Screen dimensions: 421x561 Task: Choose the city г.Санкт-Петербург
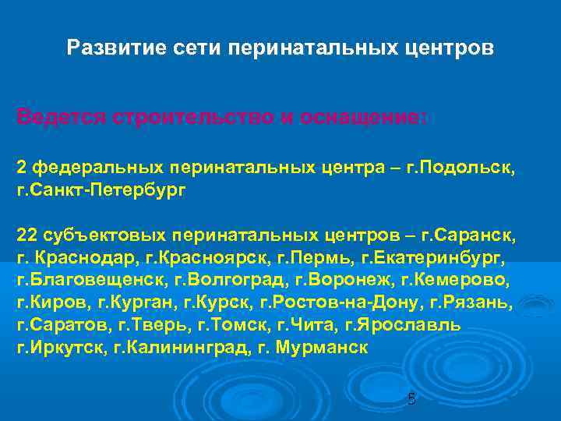tap(101, 189)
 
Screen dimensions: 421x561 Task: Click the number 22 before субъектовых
tap(27, 235)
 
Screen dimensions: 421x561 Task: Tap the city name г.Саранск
tap(467, 235)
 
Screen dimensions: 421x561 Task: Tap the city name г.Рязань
tap(478, 302)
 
